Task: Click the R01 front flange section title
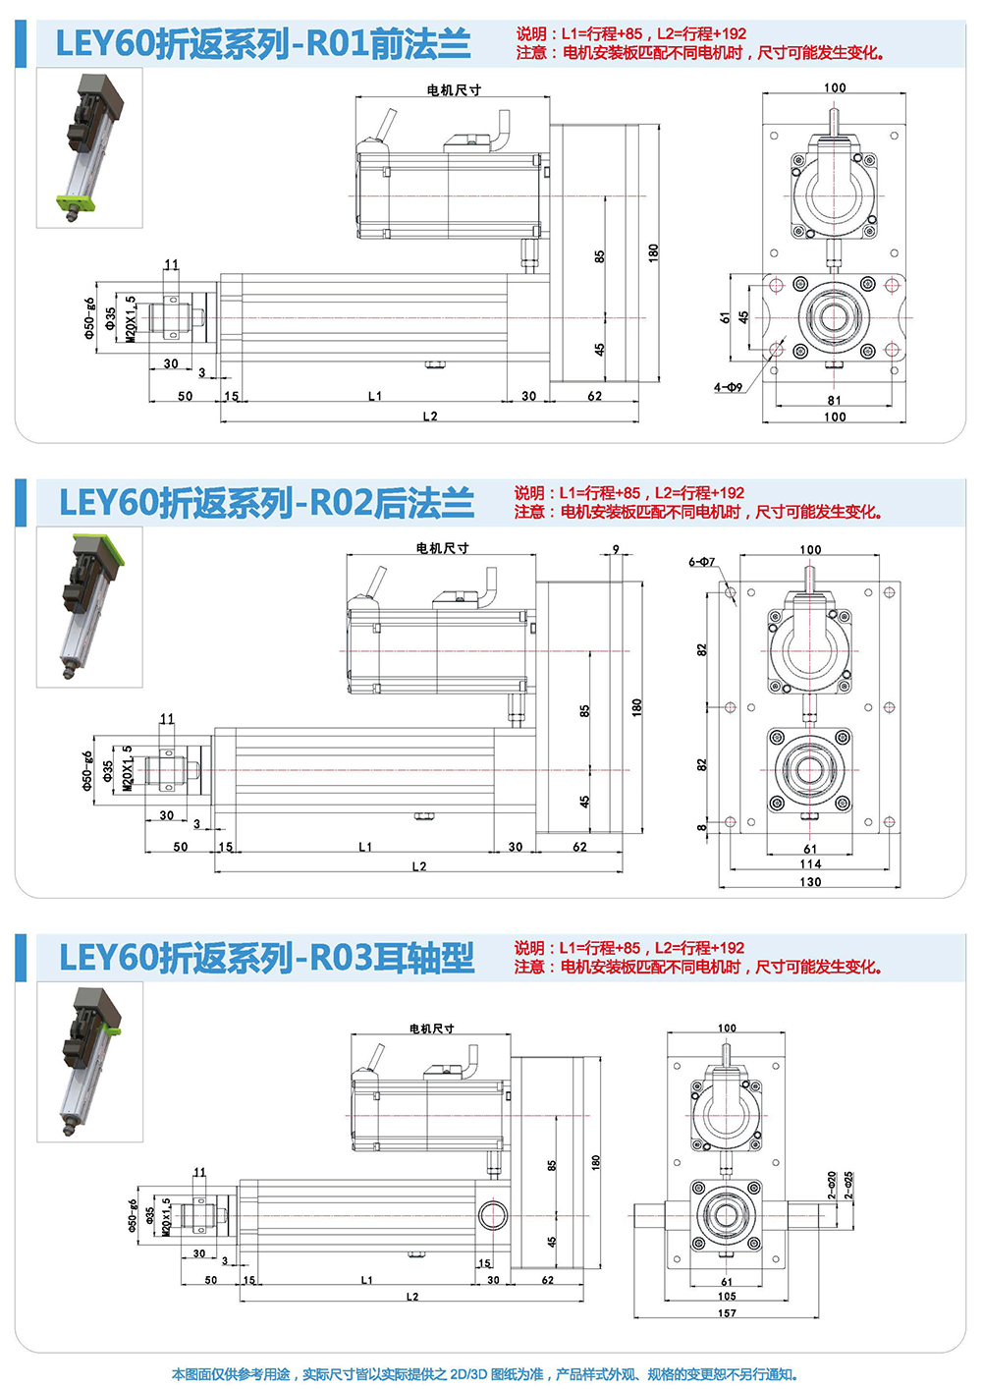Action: coord(263,44)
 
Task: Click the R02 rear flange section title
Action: coord(266,502)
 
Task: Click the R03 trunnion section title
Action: coord(266,958)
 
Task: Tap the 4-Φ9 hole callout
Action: coord(728,387)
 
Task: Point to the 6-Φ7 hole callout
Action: coord(702,562)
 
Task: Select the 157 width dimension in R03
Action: coord(727,1312)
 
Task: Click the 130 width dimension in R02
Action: coord(810,882)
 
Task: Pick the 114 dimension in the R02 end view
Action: coord(810,864)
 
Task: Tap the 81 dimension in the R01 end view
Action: coord(834,400)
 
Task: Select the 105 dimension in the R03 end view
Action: coord(727,1296)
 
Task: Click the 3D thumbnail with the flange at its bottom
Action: coord(89,147)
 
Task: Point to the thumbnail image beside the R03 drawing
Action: coord(89,1062)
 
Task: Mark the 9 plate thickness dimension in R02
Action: coord(616,549)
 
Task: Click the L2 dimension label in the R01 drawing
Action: coord(430,417)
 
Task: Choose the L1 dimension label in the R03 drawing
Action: coord(366,1280)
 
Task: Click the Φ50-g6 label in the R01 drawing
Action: coord(89,318)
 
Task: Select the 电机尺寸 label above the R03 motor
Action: coord(432,1028)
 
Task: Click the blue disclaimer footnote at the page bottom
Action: coord(485,1374)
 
